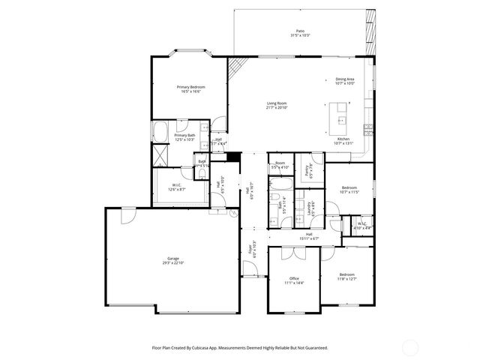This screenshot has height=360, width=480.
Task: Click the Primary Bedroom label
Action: pos(190,87)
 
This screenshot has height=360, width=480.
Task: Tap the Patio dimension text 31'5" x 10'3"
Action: pos(300,35)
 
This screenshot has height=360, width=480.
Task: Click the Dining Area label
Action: pos(344,79)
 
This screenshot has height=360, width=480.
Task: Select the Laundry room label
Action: pos(309,208)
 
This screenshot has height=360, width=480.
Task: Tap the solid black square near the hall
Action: pos(234,157)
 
